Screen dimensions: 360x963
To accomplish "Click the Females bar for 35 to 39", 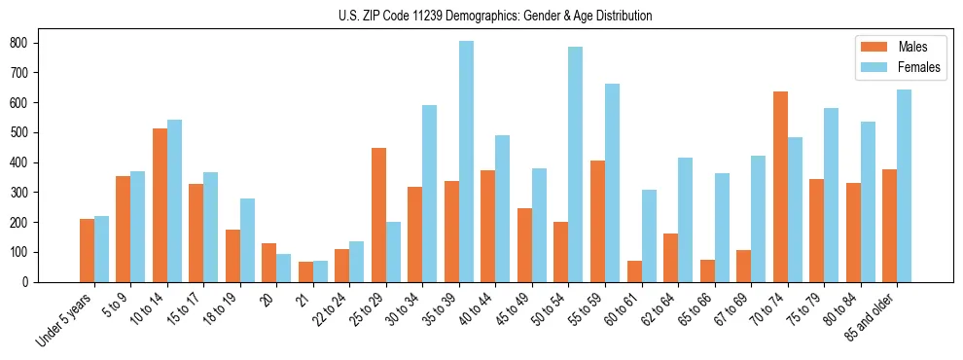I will [466, 162].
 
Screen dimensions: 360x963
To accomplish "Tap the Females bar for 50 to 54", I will [576, 164].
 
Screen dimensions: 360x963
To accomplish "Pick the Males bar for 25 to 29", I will [378, 215].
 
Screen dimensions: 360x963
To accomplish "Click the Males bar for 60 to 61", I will [634, 271].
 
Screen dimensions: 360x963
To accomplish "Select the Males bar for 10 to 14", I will [160, 205].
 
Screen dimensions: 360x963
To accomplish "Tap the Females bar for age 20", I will [283, 269].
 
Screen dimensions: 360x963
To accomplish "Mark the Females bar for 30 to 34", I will [430, 194].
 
